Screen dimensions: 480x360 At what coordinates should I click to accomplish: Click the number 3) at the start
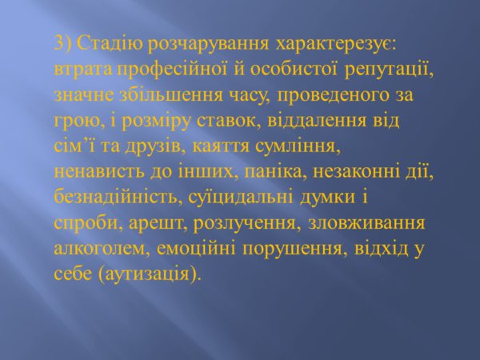point(62,44)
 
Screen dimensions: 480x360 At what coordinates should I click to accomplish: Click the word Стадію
point(110,44)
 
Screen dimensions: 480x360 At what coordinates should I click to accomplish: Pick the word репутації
point(389,70)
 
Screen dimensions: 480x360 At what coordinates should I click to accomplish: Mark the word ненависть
point(99,172)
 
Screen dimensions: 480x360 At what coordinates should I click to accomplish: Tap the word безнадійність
point(118,198)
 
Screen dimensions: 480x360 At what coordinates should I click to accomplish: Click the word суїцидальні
point(240,198)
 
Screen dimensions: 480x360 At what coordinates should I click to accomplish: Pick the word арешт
point(158,224)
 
